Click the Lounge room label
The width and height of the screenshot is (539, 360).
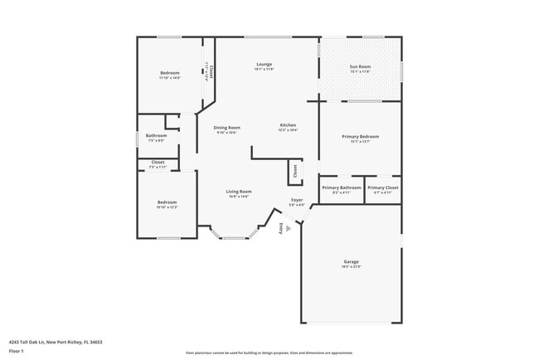(x=264, y=64)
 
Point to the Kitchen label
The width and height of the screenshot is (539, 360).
(x=288, y=125)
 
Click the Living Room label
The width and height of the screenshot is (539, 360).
(x=239, y=192)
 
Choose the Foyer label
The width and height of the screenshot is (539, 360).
(x=296, y=200)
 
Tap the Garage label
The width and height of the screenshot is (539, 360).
(x=352, y=261)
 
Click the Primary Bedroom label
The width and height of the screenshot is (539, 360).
(x=360, y=136)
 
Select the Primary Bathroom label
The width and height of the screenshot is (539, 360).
(x=342, y=187)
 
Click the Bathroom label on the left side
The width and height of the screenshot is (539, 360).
(x=157, y=135)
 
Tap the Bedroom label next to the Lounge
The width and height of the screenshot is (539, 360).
(x=169, y=73)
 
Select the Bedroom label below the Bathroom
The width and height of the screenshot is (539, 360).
(x=168, y=202)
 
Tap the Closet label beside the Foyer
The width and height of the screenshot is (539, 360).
(x=294, y=172)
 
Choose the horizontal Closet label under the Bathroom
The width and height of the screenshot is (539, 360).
(x=158, y=163)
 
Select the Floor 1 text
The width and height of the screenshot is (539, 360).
(x=17, y=351)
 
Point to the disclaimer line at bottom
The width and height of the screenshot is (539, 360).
(x=269, y=353)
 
